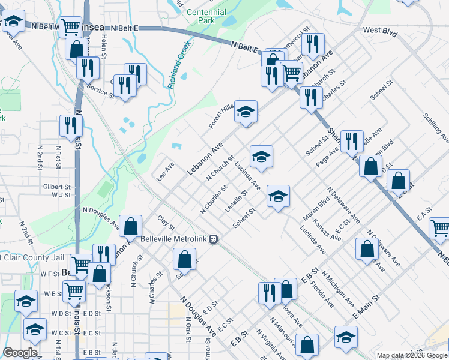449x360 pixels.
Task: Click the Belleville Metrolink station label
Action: tap(174, 239)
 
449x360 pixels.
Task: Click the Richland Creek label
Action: tap(179, 65)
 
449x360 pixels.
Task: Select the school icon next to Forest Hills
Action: tap(245, 112)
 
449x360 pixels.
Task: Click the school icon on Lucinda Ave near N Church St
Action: tap(261, 157)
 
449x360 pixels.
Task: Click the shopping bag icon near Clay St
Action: tap(131, 226)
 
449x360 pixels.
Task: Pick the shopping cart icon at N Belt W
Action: tap(71, 27)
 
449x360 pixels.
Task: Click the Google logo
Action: tap(20, 353)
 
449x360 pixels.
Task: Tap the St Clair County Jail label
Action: tap(30, 257)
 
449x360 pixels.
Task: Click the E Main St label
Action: tap(367, 305)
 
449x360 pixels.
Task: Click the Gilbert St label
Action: tap(56, 187)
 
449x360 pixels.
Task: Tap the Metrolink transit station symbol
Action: tap(213, 239)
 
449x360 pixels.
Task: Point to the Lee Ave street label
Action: tap(165, 170)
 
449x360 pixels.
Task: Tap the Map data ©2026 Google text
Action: tap(411, 355)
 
